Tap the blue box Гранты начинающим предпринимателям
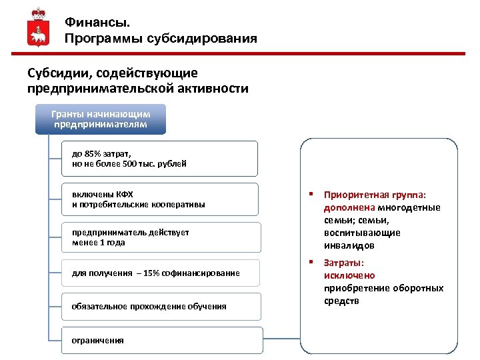pos(106,119)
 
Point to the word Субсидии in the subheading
pos(56,73)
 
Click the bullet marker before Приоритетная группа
pos(310,194)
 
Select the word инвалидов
pos(349,245)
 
